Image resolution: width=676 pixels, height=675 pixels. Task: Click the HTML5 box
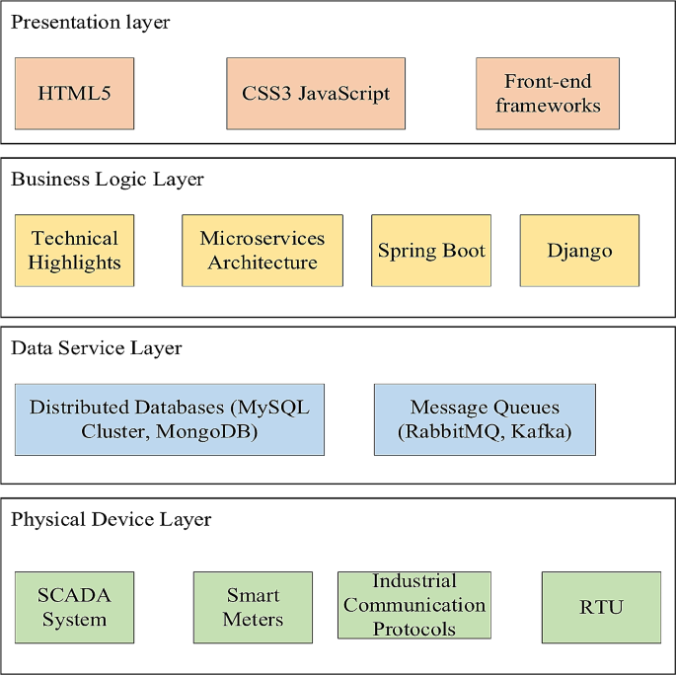(74, 94)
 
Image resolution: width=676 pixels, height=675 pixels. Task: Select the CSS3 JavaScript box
(316, 94)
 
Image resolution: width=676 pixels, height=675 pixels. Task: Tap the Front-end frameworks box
(548, 94)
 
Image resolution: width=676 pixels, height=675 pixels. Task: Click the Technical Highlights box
(74, 251)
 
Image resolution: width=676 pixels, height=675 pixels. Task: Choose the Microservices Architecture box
(263, 251)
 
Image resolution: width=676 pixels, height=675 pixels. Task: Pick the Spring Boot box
(431, 251)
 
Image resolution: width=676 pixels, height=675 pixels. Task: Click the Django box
(579, 251)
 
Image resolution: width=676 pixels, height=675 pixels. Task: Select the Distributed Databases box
(170, 419)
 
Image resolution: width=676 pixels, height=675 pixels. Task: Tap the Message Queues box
(485, 419)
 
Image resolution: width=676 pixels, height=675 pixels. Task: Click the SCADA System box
(74, 607)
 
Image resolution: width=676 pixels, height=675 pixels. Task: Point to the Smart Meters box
(253, 607)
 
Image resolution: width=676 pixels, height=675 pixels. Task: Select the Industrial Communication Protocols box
(414, 605)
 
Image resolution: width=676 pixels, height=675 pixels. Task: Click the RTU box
(601, 607)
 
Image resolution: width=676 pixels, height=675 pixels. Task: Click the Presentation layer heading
(90, 23)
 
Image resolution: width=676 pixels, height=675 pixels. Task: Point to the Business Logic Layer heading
(108, 180)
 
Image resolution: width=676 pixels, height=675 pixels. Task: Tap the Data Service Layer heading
(96, 348)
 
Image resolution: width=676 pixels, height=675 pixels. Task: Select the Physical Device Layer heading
(111, 519)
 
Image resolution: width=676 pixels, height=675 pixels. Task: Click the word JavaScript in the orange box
(345, 95)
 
